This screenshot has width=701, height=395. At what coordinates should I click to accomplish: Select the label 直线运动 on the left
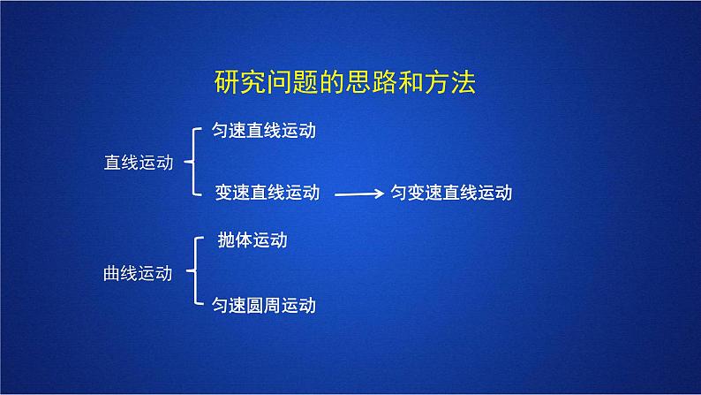[138, 162]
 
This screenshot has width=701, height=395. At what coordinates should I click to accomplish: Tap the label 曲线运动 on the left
[137, 273]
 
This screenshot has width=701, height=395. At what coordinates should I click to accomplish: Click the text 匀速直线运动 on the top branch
[264, 131]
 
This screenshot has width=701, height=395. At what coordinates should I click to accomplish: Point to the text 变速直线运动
[267, 192]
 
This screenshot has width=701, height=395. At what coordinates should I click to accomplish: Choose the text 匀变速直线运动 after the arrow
[451, 193]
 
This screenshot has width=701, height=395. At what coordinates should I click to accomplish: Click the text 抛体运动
[252, 239]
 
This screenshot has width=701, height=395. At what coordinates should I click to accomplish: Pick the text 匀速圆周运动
[264, 306]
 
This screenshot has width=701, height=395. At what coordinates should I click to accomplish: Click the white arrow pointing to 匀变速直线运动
[359, 193]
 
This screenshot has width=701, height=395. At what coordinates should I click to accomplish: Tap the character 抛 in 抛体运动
[226, 239]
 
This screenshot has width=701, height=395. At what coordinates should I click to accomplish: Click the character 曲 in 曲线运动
[111, 273]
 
